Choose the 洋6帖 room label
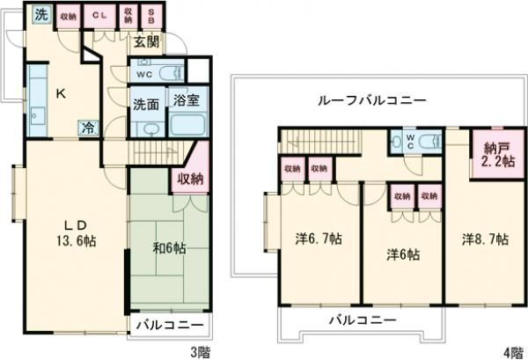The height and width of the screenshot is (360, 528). tap(405, 254)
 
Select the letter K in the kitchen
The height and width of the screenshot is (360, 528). tap(62, 93)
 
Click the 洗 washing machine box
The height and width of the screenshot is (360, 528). tap(41, 14)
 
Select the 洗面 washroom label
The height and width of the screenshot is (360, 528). tap(146, 103)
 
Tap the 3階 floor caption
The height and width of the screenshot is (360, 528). tap(202, 351)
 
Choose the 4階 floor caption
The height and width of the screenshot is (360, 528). tap(512, 351)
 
